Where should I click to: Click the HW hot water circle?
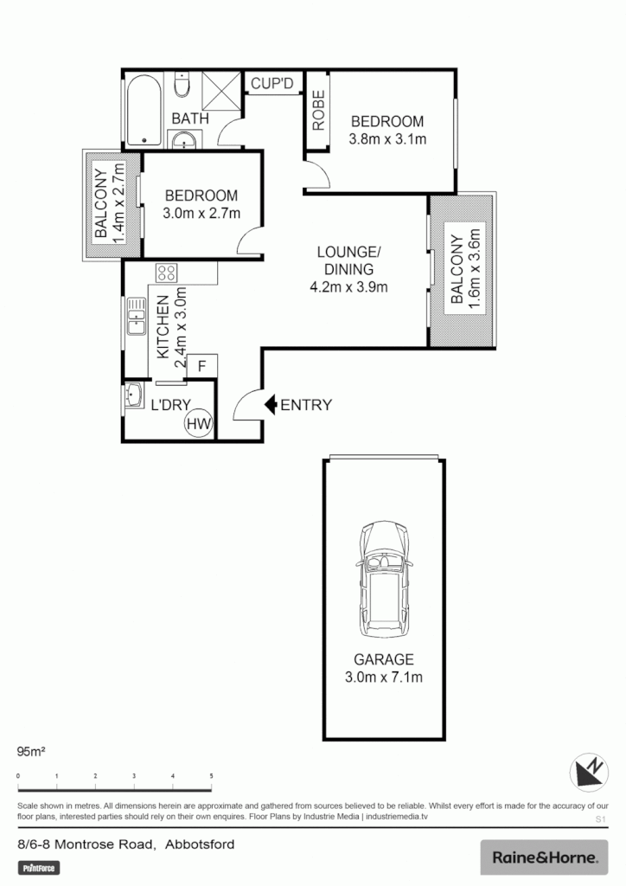click(x=198, y=423)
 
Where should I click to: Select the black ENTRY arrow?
click(x=271, y=404)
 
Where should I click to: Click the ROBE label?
click(x=317, y=111)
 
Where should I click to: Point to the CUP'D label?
click(x=273, y=84)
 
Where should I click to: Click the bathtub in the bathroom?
click(x=143, y=111)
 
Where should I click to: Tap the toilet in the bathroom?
click(x=182, y=85)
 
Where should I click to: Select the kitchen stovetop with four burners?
click(x=166, y=273)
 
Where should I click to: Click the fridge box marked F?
click(x=201, y=366)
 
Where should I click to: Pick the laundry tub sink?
click(x=134, y=396)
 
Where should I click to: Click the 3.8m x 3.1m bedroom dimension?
click(x=386, y=138)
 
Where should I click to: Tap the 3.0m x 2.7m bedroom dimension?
click(x=201, y=213)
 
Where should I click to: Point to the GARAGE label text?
click(x=384, y=658)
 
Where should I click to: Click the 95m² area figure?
click(x=32, y=750)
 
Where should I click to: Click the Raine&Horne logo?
click(x=544, y=857)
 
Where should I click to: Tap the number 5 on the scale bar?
click(x=211, y=776)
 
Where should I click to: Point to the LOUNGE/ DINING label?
click(x=348, y=260)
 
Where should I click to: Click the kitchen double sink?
click(x=136, y=317)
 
